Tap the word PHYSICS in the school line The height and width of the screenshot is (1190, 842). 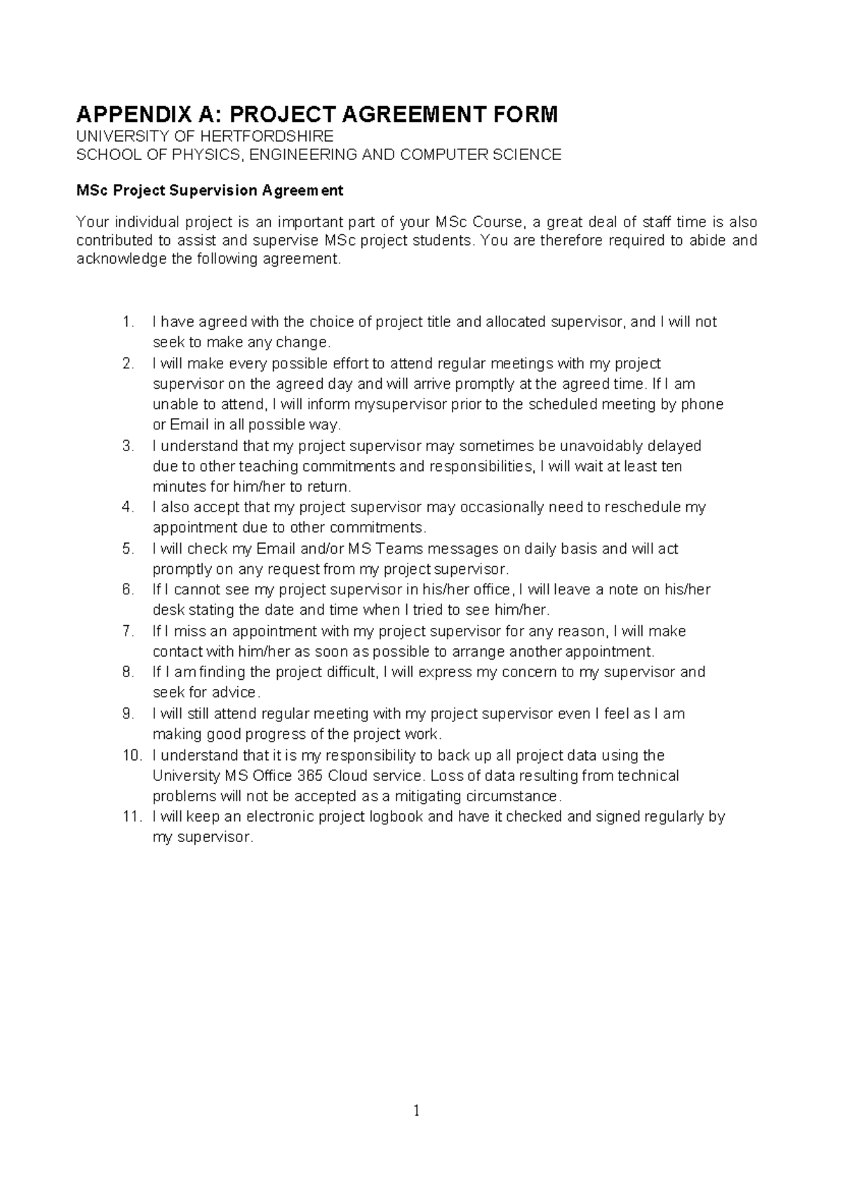(199, 154)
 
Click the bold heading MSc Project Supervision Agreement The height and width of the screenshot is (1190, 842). (210, 190)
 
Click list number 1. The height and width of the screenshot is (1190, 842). (127, 322)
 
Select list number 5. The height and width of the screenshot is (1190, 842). (127, 549)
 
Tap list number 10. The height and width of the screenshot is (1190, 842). (131, 756)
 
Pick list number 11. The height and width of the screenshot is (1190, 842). (131, 817)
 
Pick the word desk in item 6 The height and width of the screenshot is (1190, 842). (166, 610)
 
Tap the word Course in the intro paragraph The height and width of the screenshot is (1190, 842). (497, 223)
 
